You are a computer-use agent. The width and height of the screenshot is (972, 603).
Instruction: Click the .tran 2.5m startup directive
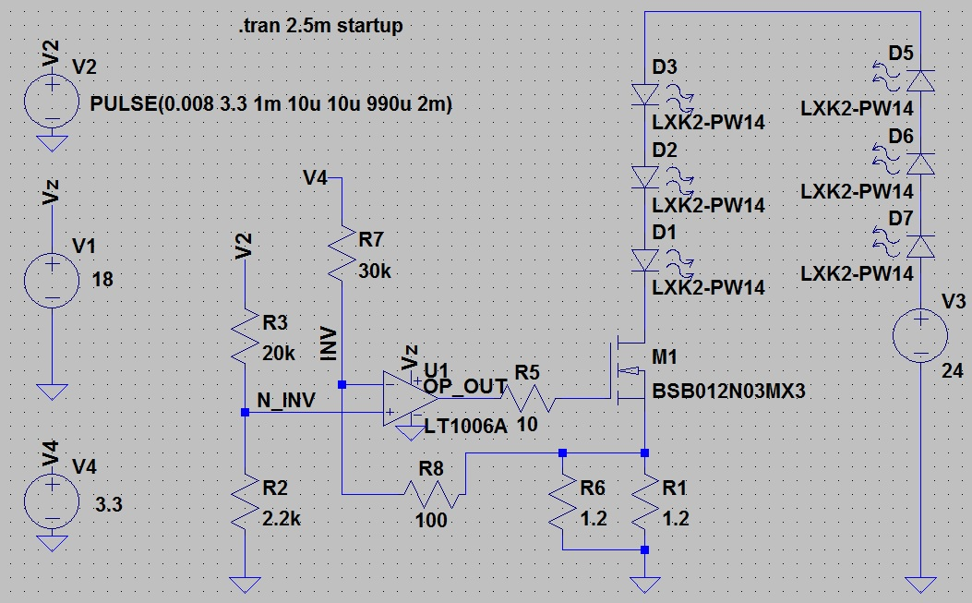pos(319,26)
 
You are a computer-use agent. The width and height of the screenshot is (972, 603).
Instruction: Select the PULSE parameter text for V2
pos(271,104)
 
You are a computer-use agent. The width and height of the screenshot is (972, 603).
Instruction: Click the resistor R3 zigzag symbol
pos(244,337)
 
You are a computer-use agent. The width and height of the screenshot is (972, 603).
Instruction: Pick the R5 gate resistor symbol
pos(527,399)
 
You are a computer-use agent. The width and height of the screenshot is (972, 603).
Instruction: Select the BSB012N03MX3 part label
pos(729,391)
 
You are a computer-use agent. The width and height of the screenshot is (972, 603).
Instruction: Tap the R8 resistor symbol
pos(434,494)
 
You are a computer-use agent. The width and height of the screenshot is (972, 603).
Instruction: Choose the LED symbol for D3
pos(644,93)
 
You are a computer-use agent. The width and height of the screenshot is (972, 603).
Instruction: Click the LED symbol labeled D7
pos(920,246)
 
